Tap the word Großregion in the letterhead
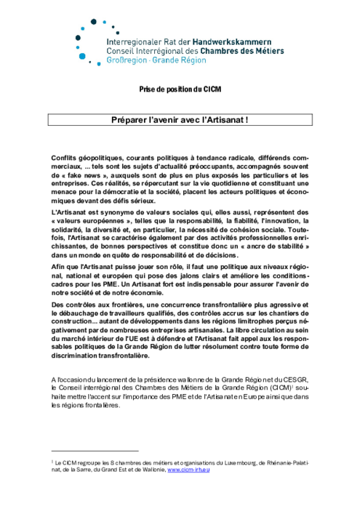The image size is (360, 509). pyautogui.click(x=125, y=61)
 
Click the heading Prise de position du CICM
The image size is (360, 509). pyautogui.click(x=179, y=89)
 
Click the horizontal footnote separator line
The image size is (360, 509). pyautogui.click(x=95, y=452)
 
